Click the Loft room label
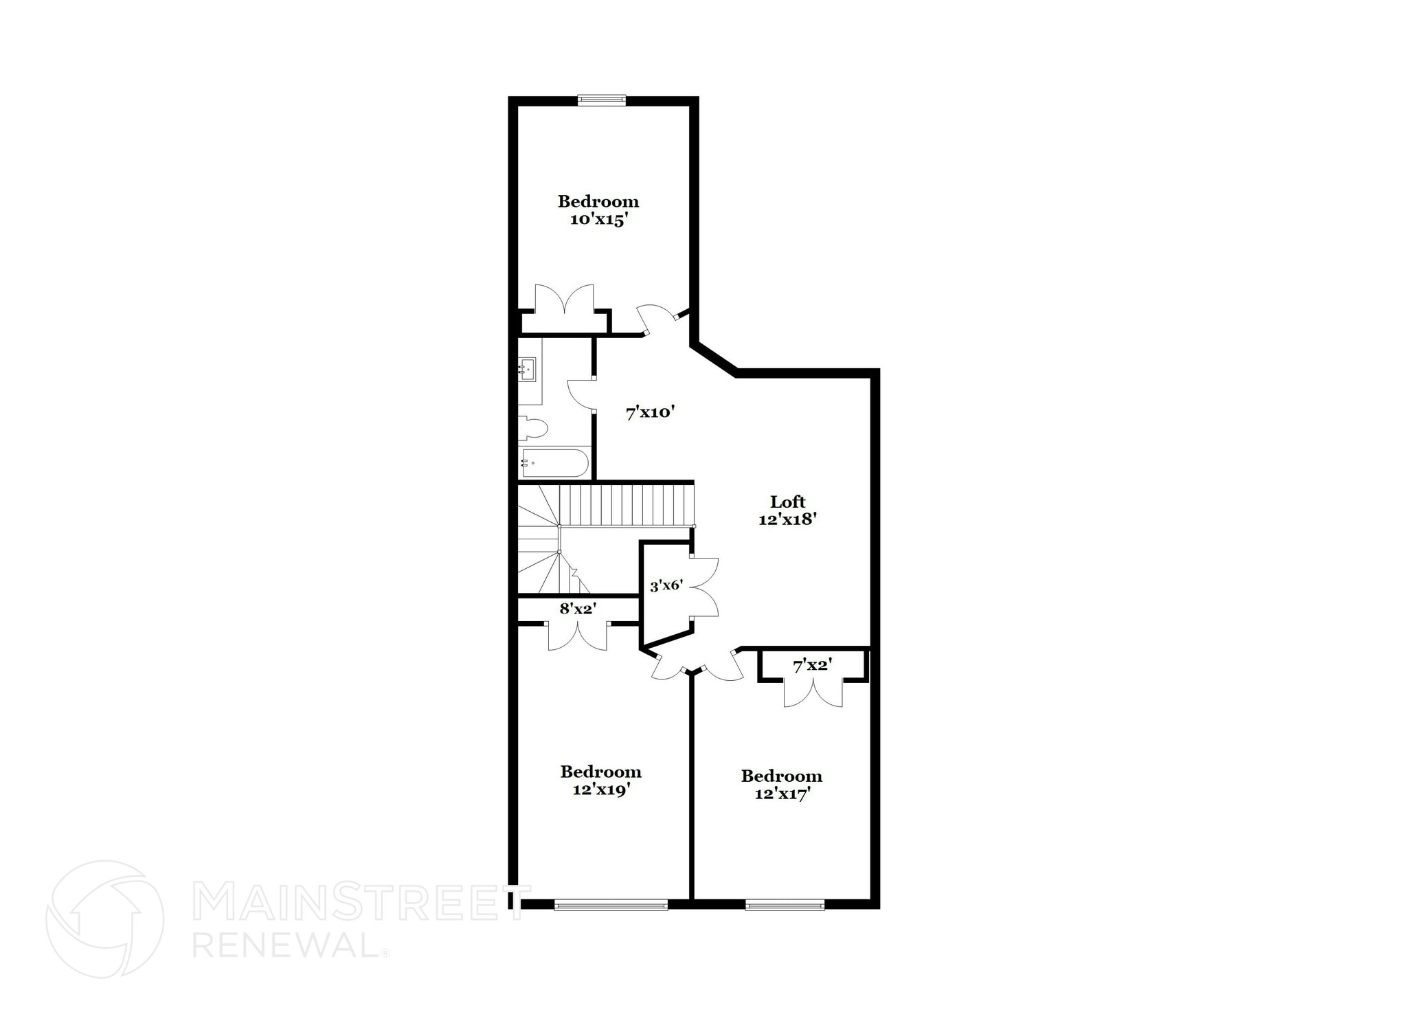point(787,502)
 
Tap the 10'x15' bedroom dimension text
point(599,220)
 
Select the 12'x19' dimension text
point(602,790)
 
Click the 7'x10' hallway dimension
point(651,413)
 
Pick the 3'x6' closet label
point(666,586)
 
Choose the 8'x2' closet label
point(578,608)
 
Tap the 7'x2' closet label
point(813,665)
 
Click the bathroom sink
point(528,369)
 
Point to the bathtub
point(554,463)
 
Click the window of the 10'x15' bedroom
point(602,100)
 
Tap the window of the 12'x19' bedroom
point(611,905)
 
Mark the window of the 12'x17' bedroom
point(785,905)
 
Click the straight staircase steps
point(625,505)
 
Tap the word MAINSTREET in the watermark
point(354,903)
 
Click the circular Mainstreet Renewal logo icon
point(104,919)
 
